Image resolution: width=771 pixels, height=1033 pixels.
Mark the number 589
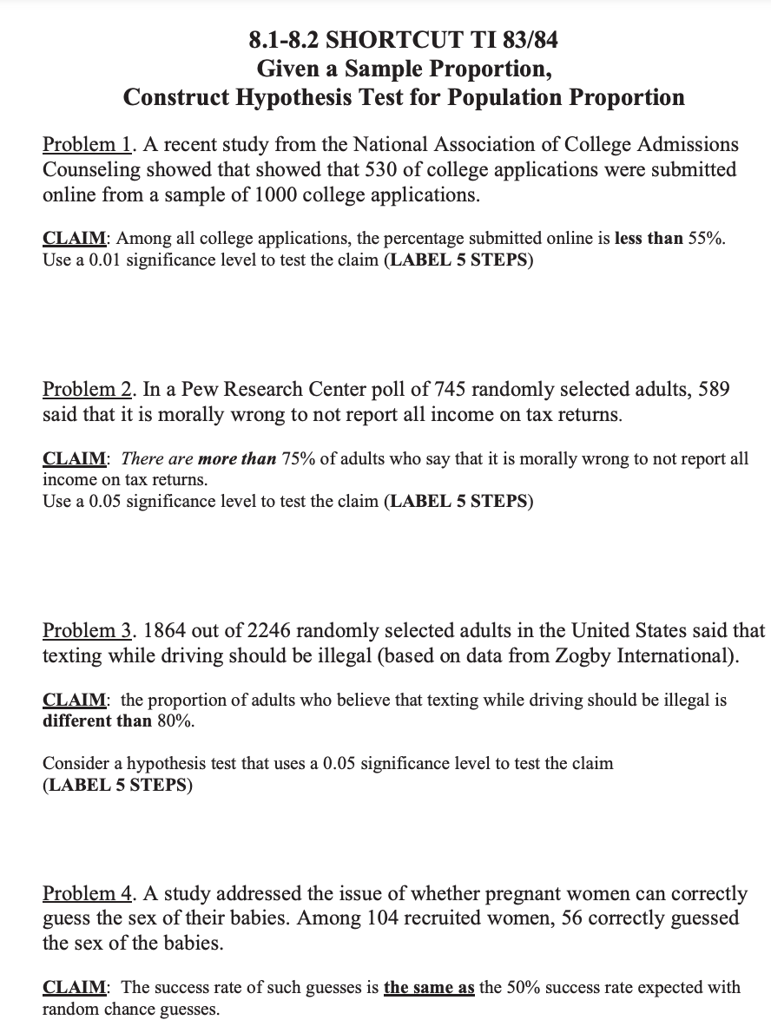[x=711, y=390]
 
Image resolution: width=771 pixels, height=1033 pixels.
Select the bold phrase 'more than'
[x=237, y=459]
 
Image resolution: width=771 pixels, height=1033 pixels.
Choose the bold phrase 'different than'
[x=97, y=720]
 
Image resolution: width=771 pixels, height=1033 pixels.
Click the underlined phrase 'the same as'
[x=429, y=988]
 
